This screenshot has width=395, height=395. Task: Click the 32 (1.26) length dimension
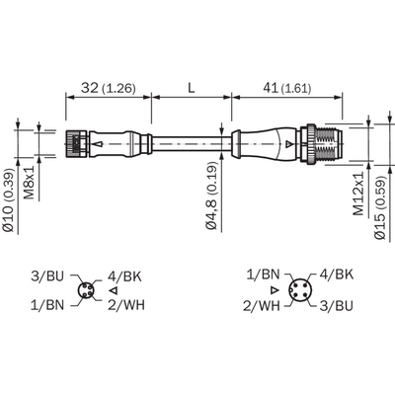click(109, 88)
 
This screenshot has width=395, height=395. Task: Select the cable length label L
click(192, 88)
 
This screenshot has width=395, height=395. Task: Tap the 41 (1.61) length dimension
click(286, 88)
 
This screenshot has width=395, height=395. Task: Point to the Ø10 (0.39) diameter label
click(9, 200)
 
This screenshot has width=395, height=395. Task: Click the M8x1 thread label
click(30, 182)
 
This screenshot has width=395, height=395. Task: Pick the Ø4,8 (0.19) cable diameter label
click(212, 196)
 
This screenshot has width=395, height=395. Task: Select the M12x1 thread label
click(358, 194)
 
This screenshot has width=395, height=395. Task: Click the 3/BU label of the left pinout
click(47, 276)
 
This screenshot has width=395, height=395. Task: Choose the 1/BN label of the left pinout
click(47, 305)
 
